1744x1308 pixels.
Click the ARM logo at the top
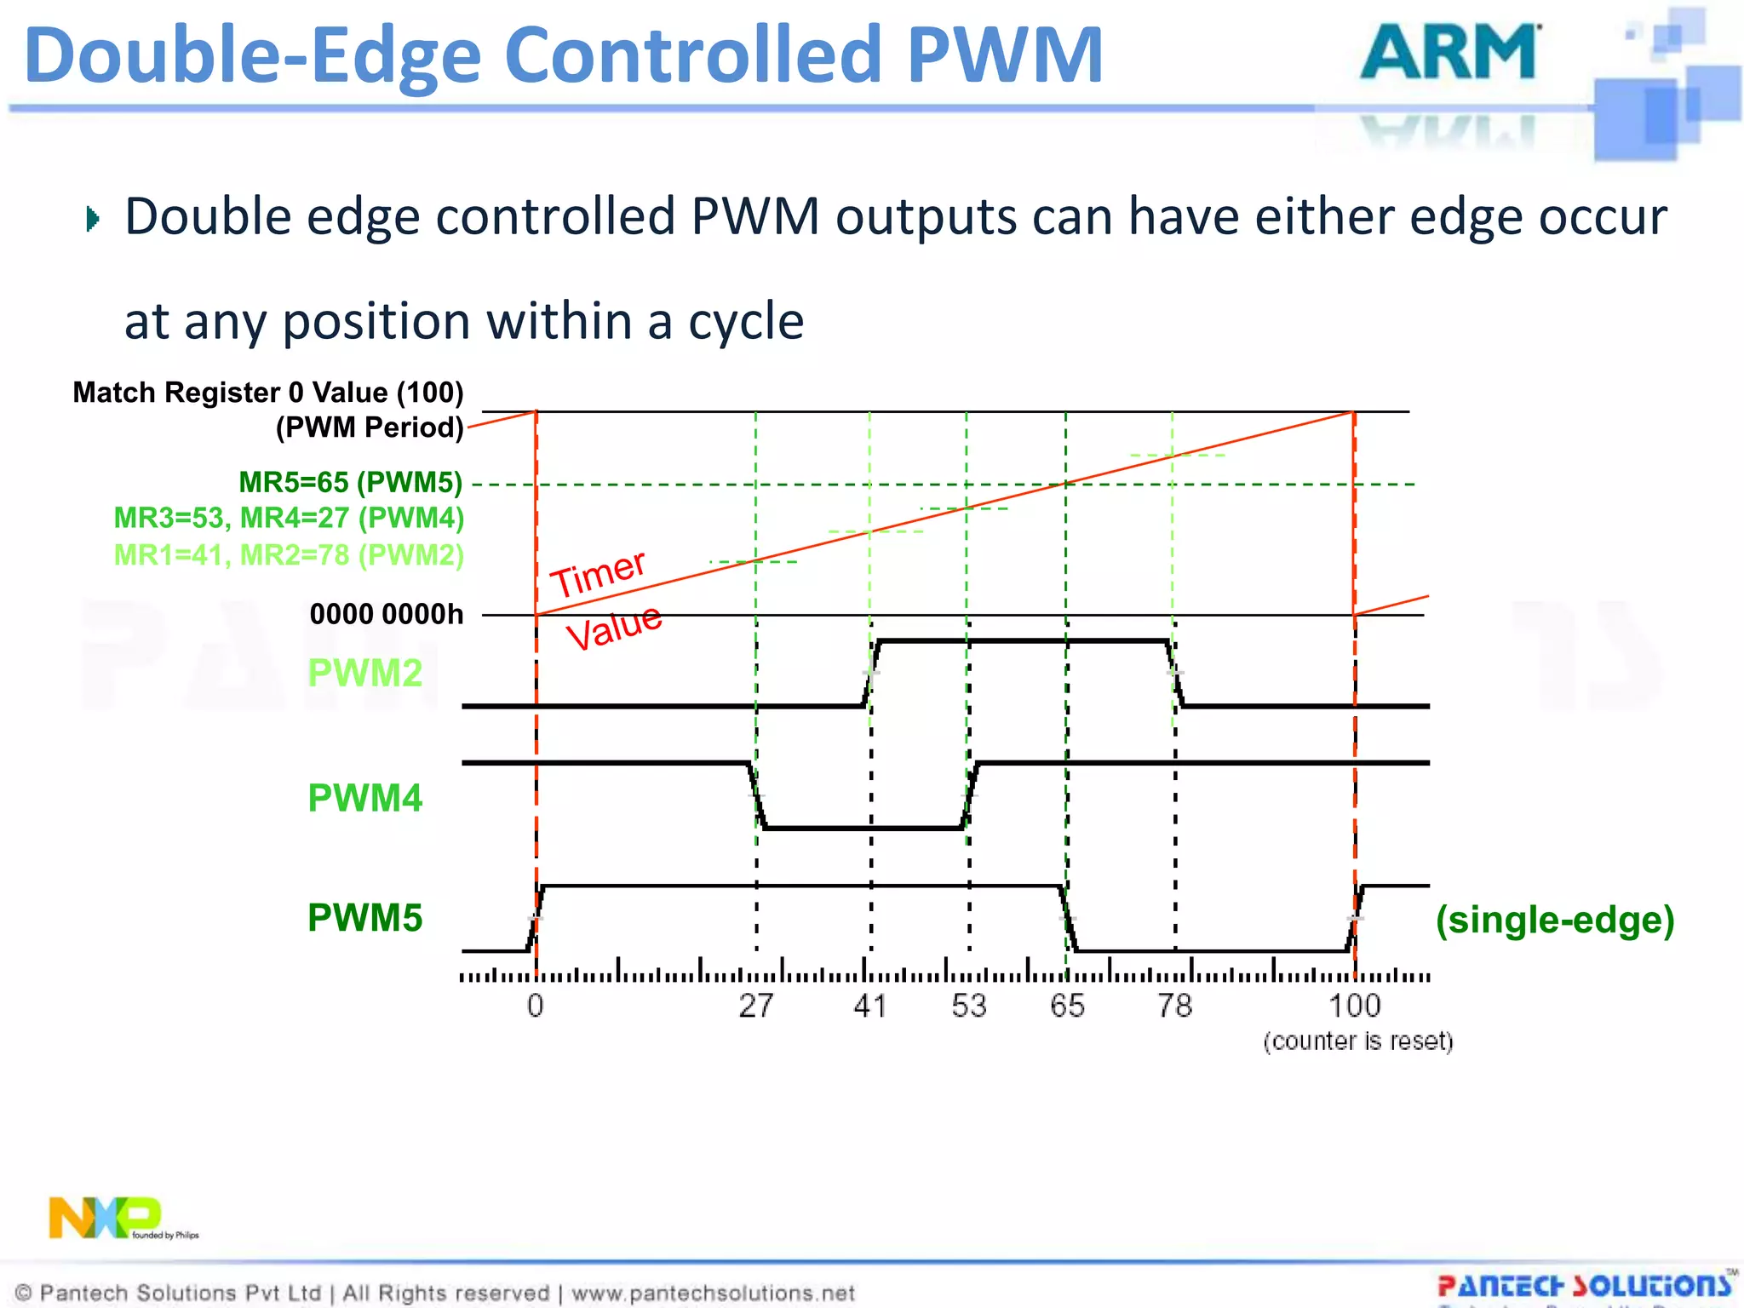[x=1449, y=53]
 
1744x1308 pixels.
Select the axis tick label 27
[x=755, y=1006]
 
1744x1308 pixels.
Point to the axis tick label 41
[x=870, y=1006]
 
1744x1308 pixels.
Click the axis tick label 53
[x=969, y=1006]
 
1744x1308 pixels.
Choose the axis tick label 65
[x=1067, y=1006]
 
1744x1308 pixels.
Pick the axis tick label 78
[x=1174, y=1006]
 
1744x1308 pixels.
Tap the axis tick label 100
[x=1354, y=1006]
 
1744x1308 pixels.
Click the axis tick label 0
[x=535, y=1006]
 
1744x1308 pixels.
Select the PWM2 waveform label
[x=364, y=673]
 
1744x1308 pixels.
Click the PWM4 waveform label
[x=364, y=798]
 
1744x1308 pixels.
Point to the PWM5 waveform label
[x=364, y=918]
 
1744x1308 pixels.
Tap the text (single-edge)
[x=1555, y=920]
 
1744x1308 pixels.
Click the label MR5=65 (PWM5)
[x=351, y=482]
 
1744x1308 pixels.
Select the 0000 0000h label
[x=387, y=613]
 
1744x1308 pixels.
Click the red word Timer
[x=599, y=573]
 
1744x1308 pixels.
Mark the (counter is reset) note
[x=1357, y=1041]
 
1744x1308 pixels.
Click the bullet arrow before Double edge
[x=93, y=219]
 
